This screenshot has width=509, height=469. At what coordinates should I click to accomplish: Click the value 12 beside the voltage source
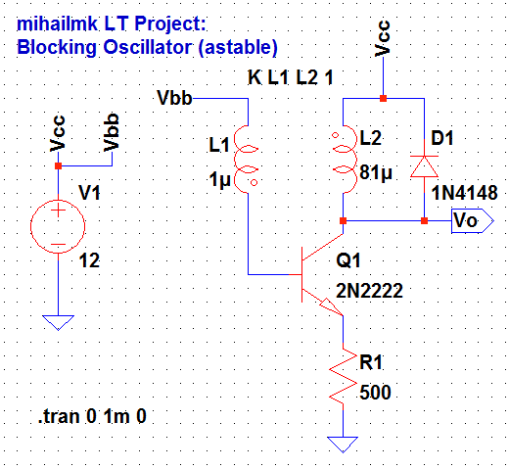pyautogui.click(x=90, y=261)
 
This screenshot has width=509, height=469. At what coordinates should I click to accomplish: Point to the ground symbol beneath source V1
pyautogui.click(x=58, y=322)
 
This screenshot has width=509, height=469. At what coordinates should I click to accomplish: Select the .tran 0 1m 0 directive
pyautogui.click(x=93, y=417)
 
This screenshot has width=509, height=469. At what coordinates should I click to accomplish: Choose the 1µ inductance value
pyautogui.click(x=220, y=179)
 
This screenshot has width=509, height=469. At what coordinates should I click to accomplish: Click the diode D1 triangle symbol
pyautogui.click(x=422, y=167)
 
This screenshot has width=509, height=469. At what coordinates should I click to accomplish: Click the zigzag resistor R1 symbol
pyautogui.click(x=343, y=376)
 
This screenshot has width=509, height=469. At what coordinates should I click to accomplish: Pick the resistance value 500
pyautogui.click(x=374, y=393)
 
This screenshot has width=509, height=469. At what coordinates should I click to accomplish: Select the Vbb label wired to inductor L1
pyautogui.click(x=175, y=98)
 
